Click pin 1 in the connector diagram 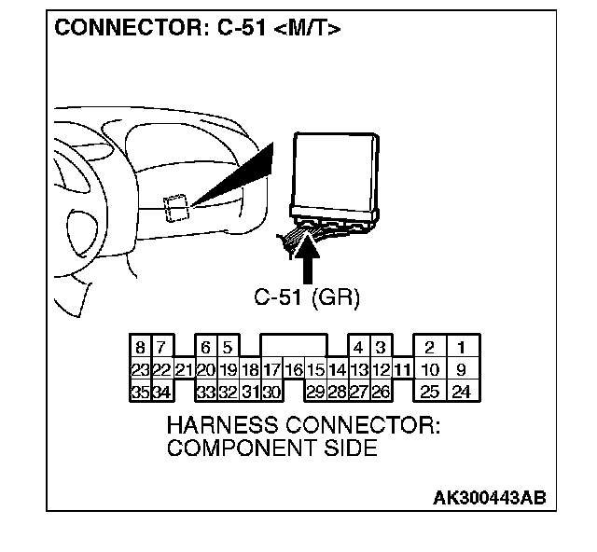point(461,348)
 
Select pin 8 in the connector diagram point(139,348)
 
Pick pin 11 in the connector point(402,370)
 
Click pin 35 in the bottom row point(139,392)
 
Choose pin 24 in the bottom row point(461,392)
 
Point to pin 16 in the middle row point(293,370)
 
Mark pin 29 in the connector point(315,392)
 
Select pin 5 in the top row point(228,348)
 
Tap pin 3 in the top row point(381,348)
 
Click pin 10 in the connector point(430,370)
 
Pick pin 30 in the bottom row point(271,392)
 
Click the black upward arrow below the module point(309,257)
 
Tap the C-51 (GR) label point(307,297)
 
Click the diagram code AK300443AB point(489,497)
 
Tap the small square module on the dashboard point(174,209)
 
